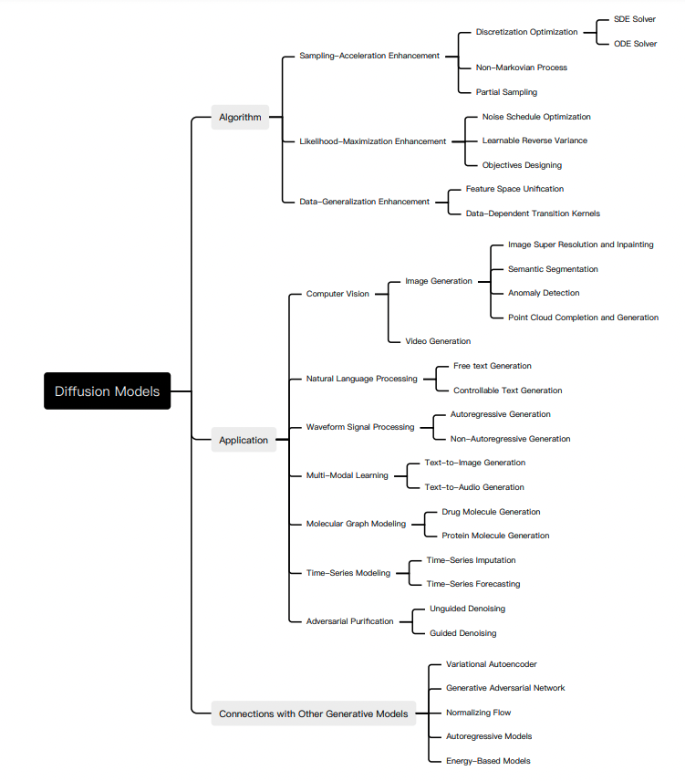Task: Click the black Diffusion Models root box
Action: [107, 391]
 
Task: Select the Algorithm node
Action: [240, 117]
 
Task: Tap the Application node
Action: [244, 440]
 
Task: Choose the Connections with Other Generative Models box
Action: [313, 713]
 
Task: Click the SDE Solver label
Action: [635, 19]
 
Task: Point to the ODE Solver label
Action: [635, 44]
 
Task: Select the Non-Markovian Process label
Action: [521, 68]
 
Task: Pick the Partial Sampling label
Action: [506, 92]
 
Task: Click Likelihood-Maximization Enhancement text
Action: [372, 141]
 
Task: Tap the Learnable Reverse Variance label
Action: [535, 141]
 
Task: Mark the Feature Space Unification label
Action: [514, 189]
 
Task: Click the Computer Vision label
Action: [337, 294]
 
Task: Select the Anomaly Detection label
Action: [544, 293]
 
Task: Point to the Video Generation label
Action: [438, 341]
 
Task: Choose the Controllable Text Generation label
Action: [508, 390]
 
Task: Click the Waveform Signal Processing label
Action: [360, 427]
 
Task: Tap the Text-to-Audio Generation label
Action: [474, 487]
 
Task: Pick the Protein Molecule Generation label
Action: [495, 536]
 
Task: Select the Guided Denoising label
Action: [463, 633]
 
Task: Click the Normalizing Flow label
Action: [478, 713]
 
